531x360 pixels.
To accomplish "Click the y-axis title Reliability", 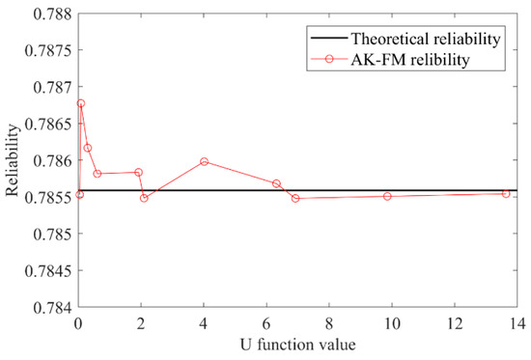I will pyautogui.click(x=13, y=160).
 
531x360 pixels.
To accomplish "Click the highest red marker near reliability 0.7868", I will pyautogui.click(x=81, y=103).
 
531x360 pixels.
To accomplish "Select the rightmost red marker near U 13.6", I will pyautogui.click(x=505, y=194).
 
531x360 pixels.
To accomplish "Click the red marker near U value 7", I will pyautogui.click(x=295, y=198).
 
